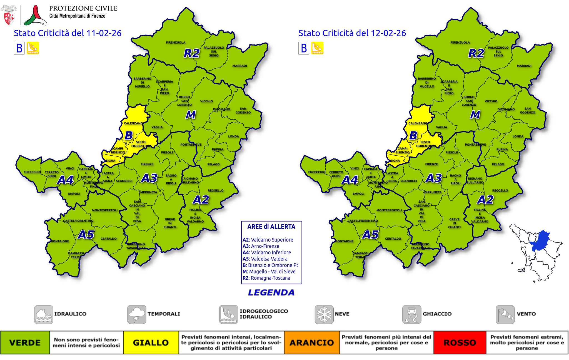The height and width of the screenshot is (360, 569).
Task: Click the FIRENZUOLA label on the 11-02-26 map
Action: [x=176, y=43]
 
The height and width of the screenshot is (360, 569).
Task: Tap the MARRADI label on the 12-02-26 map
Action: [x=524, y=66]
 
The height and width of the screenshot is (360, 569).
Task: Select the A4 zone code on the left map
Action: [x=65, y=180]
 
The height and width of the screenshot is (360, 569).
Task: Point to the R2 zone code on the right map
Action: [x=476, y=53]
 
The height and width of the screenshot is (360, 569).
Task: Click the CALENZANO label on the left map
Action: [x=133, y=123]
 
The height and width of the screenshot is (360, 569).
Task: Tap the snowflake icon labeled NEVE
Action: [x=324, y=314]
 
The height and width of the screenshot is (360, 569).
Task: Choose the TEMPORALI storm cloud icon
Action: [x=136, y=314]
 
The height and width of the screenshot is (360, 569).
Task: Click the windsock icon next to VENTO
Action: [x=505, y=314]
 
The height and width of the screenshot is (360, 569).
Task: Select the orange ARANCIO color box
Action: [x=311, y=342]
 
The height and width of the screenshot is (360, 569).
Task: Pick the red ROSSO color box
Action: [x=460, y=342]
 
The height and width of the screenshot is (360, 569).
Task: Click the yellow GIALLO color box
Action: [x=151, y=342]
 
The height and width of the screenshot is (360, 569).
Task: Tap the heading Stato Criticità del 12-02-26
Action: [x=352, y=33]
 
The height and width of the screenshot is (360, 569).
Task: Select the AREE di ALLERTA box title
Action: [x=271, y=227]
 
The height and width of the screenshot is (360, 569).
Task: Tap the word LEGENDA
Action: [x=271, y=292]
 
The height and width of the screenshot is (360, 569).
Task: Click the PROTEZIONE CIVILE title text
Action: [x=83, y=8]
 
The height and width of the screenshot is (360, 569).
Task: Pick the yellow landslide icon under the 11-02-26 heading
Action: [x=33, y=48]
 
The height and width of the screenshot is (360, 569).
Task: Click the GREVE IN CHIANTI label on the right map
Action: [x=454, y=223]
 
